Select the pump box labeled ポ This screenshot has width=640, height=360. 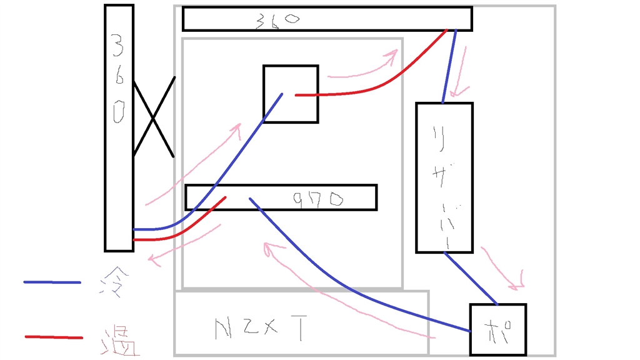(x=497, y=329)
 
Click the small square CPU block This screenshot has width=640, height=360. (x=291, y=94)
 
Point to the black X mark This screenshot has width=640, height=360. (x=153, y=117)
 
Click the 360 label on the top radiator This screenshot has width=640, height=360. (x=277, y=20)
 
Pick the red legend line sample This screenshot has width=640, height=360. (x=54, y=337)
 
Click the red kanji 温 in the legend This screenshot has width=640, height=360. (x=119, y=340)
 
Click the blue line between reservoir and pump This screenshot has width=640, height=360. (x=471, y=278)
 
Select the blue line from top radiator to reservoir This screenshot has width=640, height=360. (x=449, y=66)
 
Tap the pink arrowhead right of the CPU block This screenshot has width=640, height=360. (x=391, y=57)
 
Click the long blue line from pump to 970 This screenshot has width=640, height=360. (x=350, y=288)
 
